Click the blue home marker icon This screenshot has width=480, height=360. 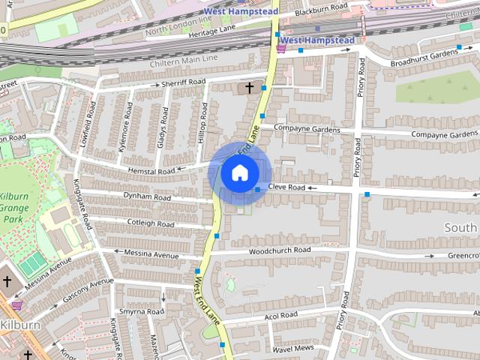(x=239, y=173)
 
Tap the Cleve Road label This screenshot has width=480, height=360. (x=287, y=187)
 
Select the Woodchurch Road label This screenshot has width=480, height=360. (x=280, y=250)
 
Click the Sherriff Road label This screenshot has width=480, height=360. (x=183, y=82)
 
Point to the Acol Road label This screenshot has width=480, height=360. (x=280, y=315)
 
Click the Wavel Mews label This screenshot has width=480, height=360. (x=292, y=349)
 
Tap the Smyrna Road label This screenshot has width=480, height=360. (x=141, y=311)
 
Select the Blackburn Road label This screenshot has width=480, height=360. (x=322, y=7)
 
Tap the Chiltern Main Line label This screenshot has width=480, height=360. (x=184, y=57)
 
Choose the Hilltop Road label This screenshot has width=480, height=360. (x=202, y=120)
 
